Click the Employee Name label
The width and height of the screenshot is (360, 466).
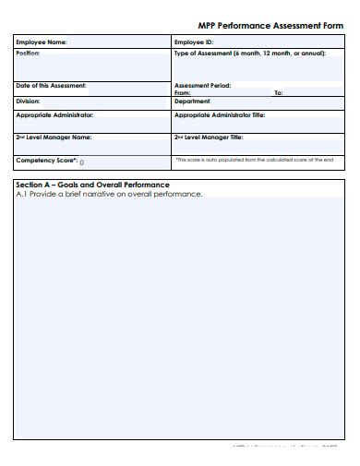(42, 42)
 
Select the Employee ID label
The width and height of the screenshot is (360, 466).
(194, 42)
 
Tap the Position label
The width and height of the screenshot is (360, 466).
(28, 54)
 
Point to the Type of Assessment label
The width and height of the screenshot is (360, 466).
(249, 54)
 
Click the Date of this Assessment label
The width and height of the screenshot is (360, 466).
(51, 85)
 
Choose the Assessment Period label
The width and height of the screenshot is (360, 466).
(202, 85)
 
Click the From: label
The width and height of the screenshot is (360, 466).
(183, 93)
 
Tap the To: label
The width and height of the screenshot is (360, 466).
(279, 93)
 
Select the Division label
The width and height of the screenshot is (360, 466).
(29, 102)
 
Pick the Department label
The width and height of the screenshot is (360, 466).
(193, 102)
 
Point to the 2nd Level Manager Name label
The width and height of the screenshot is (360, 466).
(54, 137)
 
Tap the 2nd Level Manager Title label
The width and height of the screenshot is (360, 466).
(209, 137)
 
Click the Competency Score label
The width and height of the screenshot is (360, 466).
(45, 161)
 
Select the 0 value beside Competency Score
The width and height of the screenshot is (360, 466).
(82, 161)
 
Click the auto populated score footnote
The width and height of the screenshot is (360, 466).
(254, 160)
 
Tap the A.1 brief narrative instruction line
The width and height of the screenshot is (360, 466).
(109, 195)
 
